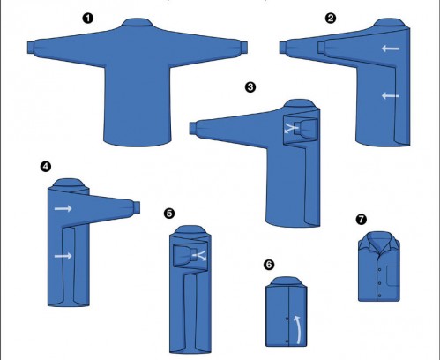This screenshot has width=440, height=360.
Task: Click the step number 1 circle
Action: click(x=87, y=19)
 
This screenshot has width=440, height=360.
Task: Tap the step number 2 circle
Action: click(x=331, y=19)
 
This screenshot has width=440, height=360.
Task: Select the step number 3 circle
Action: click(x=250, y=87)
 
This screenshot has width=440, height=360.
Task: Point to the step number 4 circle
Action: click(x=46, y=167)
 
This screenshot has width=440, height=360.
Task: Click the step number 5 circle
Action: click(x=169, y=214)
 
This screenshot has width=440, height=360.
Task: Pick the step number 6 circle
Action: click(x=269, y=265)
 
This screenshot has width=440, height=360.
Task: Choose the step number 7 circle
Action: click(x=362, y=220)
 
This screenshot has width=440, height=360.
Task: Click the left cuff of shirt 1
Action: click(x=31, y=48)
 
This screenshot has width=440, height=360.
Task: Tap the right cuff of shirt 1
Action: click(x=243, y=48)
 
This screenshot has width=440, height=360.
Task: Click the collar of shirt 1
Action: click(x=138, y=23)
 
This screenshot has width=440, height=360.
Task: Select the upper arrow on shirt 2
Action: click(x=391, y=49)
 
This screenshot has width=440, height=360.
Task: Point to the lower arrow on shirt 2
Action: click(x=391, y=95)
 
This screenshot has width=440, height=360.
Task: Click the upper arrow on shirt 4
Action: click(x=63, y=208)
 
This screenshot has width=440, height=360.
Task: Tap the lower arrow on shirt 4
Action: click(x=63, y=256)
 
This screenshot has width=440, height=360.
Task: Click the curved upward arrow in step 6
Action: click(x=298, y=329)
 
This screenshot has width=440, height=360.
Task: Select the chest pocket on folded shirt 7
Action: click(x=393, y=275)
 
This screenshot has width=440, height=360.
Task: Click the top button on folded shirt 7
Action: click(x=380, y=269)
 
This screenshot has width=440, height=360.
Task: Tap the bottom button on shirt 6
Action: click(x=287, y=341)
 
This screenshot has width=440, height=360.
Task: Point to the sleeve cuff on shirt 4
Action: click(x=137, y=207)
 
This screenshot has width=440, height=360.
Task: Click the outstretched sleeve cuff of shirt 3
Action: click(x=193, y=128)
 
